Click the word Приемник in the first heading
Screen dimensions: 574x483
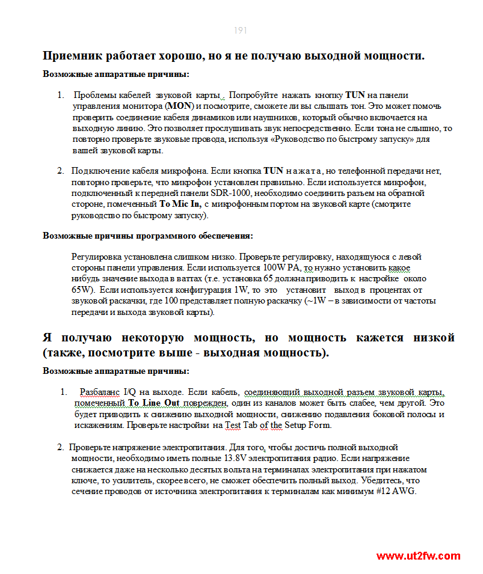point(72,56)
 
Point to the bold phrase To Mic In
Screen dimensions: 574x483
point(180,204)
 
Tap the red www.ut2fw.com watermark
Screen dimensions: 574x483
point(419,556)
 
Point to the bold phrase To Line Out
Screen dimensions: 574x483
point(153,403)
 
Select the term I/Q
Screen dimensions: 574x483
point(131,392)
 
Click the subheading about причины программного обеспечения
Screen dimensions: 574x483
point(147,236)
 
